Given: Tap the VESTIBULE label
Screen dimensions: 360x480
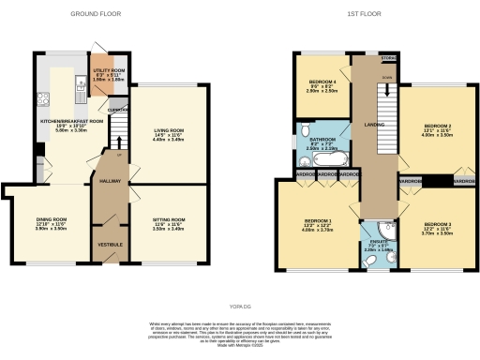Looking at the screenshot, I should tap(110, 246).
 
